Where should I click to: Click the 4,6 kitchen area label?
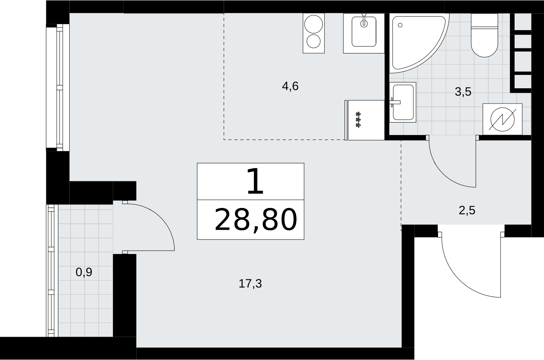[290, 86]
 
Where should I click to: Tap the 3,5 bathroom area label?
[463, 92]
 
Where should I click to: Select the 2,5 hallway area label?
[467, 210]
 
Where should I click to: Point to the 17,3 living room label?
[250, 283]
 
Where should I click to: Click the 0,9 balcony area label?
[84, 272]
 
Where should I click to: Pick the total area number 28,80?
[256, 220]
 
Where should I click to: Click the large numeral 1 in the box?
[255, 181]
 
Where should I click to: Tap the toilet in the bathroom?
[484, 35]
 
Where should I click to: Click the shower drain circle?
[400, 25]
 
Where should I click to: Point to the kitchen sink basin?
[364, 31]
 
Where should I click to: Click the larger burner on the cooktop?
[314, 24]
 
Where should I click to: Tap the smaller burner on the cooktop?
[314, 41]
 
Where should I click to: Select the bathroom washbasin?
[403, 102]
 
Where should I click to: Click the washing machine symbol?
[502, 119]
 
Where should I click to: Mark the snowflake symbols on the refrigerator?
[358, 119]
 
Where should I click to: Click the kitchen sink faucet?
[364, 20]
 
